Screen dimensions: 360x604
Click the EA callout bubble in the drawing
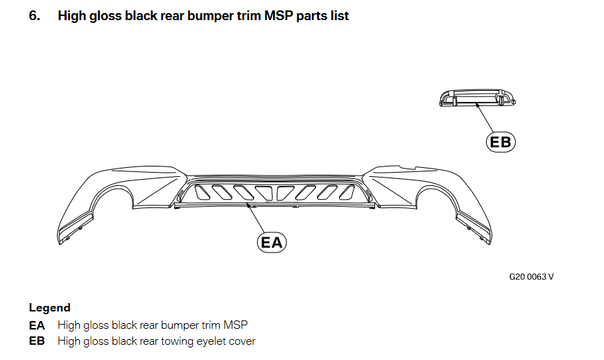point(271,242)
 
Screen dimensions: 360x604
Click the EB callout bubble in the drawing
point(500,142)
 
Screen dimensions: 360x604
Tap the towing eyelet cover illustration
point(478,98)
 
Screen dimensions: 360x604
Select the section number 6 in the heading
point(33,15)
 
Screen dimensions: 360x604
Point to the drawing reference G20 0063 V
point(531,277)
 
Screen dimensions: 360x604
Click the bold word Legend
point(49,307)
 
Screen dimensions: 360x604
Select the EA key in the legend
point(36,325)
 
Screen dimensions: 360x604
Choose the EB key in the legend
point(36,341)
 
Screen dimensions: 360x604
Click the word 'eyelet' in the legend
point(196,341)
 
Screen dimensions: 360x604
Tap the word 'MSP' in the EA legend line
point(236,325)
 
